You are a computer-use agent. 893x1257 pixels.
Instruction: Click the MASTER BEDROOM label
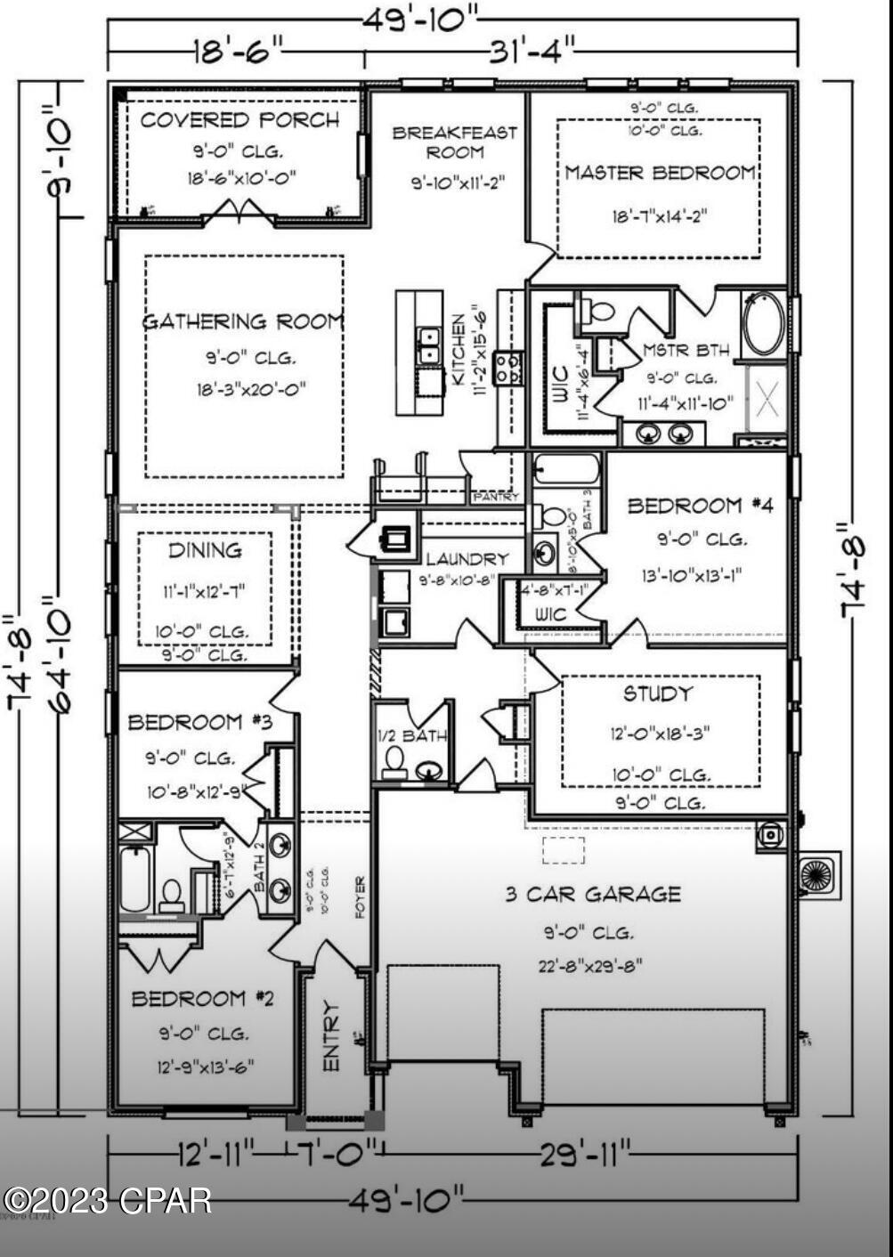tap(660, 173)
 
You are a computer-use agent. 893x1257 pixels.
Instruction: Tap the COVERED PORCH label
tap(239, 120)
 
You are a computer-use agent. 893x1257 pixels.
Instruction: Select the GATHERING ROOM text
tap(243, 321)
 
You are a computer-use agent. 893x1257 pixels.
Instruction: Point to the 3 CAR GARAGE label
tap(593, 894)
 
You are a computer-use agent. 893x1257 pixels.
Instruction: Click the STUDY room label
tap(657, 693)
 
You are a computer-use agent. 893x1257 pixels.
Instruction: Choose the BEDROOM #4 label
tap(700, 506)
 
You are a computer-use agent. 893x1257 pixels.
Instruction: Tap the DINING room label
tap(205, 550)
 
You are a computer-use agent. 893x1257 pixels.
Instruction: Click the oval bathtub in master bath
tap(764, 324)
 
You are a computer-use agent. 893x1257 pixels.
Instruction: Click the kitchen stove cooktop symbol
tap(508, 367)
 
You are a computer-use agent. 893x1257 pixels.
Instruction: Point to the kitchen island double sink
tap(429, 345)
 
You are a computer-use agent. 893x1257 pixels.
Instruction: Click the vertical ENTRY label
tap(330, 1036)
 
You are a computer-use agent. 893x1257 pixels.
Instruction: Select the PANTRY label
tap(495, 497)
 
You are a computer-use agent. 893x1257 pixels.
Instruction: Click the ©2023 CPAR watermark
tap(107, 1201)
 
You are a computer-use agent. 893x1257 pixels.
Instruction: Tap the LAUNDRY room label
tap(467, 559)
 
